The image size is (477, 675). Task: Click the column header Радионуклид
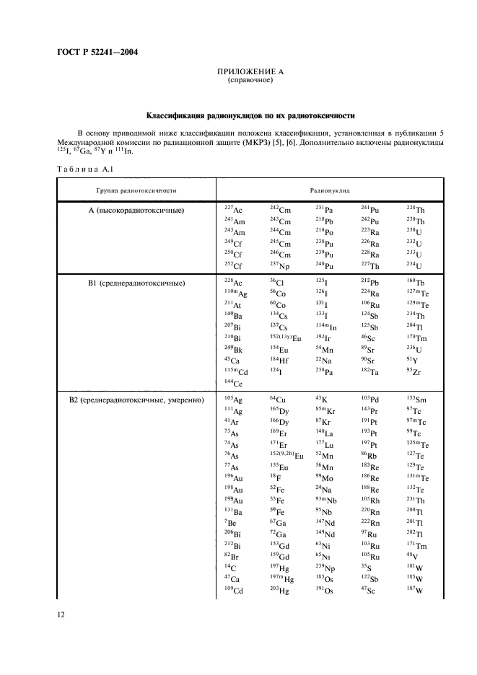pos(330,191)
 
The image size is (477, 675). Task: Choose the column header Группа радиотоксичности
pos(136,191)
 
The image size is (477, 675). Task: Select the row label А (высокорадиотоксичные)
pos(136,210)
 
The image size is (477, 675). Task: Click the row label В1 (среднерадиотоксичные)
pos(136,283)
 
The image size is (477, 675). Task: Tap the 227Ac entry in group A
pos(233,209)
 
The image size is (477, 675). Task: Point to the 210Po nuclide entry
pos(324,232)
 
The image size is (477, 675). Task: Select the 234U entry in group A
pos(416,266)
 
